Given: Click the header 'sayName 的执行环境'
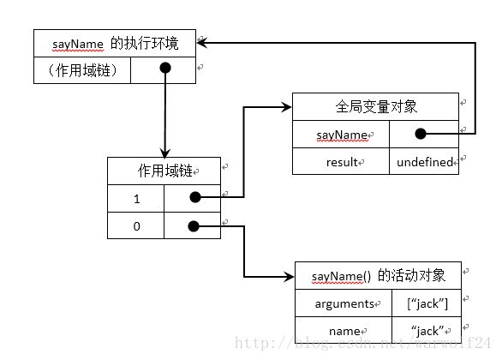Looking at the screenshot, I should point(114,40).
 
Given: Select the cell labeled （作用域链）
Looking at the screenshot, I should point(82,69).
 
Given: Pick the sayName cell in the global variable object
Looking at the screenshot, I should point(340,135).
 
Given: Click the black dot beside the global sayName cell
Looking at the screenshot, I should point(421,134).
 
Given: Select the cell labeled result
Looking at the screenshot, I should point(340,161).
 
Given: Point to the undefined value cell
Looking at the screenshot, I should point(423,161).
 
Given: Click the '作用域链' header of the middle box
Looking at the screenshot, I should point(163,171).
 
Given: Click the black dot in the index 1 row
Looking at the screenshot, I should point(194,197).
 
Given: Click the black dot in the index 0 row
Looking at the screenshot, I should point(192,226).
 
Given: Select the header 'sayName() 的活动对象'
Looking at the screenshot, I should point(377,275).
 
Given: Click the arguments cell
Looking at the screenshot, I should point(344,303).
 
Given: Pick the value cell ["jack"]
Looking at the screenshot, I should point(426,303).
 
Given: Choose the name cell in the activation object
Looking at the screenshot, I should point(344,330).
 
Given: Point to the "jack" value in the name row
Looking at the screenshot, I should point(426,330).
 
